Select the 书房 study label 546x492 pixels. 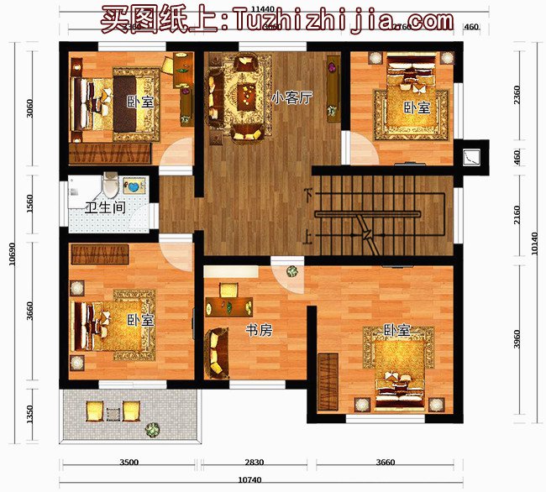tap(258, 331)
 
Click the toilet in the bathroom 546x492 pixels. tap(109, 183)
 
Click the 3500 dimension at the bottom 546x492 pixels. tap(128, 463)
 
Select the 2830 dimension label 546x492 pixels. tap(254, 463)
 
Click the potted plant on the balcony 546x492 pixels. tap(152, 429)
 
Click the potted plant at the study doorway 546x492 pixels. tap(291, 272)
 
